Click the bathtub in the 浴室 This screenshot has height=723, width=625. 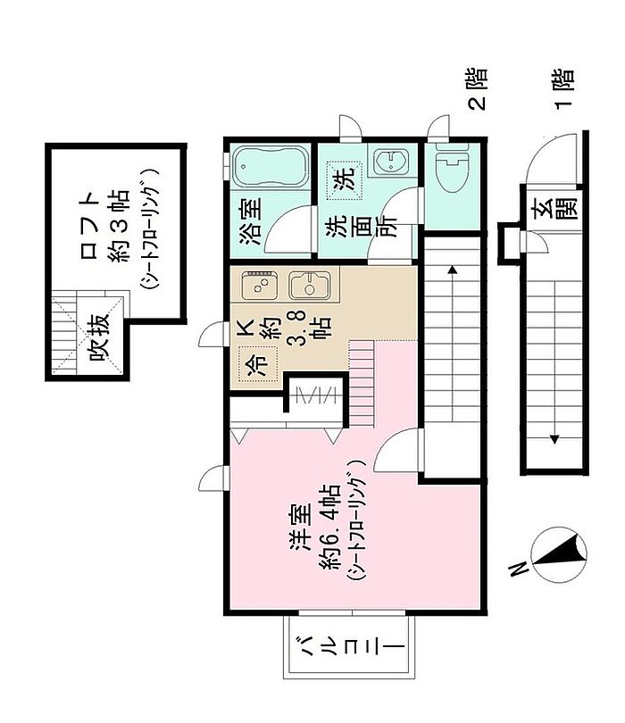point(271,166)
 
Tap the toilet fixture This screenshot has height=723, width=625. point(452,168)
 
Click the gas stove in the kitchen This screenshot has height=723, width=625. point(260,285)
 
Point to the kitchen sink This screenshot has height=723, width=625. point(310,286)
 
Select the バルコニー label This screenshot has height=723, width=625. point(349,648)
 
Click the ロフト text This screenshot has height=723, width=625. point(90,226)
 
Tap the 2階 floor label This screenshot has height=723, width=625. point(478,89)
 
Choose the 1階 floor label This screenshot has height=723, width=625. point(563,89)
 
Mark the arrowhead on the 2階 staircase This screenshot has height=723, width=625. point(453,270)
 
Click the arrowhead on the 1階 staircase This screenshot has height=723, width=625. point(554,438)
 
